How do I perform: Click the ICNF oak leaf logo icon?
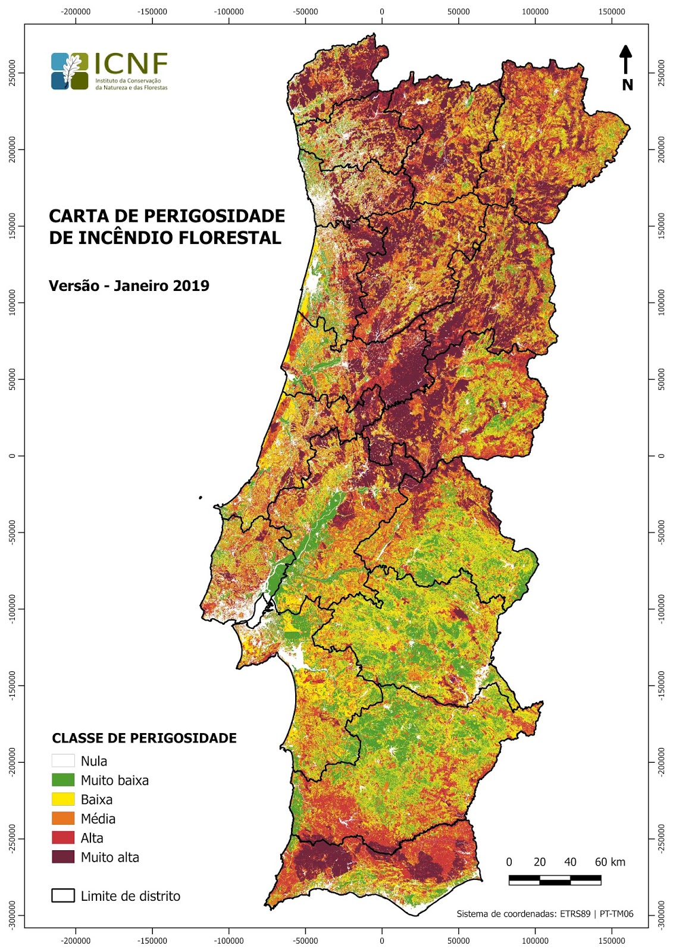[x=70, y=71]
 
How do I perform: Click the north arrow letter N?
[x=627, y=85]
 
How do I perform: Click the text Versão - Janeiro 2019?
[x=129, y=286]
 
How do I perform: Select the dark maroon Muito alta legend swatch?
[x=62, y=857]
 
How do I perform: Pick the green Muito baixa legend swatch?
[x=62, y=780]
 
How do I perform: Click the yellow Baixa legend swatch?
[x=62, y=799]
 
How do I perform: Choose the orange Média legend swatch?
[x=62, y=818]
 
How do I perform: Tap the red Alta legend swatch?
[x=62, y=838]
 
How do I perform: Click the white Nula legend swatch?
[x=62, y=760]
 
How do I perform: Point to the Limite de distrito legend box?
[x=62, y=895]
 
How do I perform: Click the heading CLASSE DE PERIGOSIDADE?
[x=144, y=738]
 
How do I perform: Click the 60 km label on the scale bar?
[x=609, y=862]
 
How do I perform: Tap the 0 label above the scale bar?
[x=509, y=862]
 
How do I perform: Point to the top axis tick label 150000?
[x=611, y=11]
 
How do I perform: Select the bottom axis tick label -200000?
[x=76, y=941]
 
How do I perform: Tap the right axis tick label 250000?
[x=661, y=73]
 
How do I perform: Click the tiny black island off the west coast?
[x=201, y=497]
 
